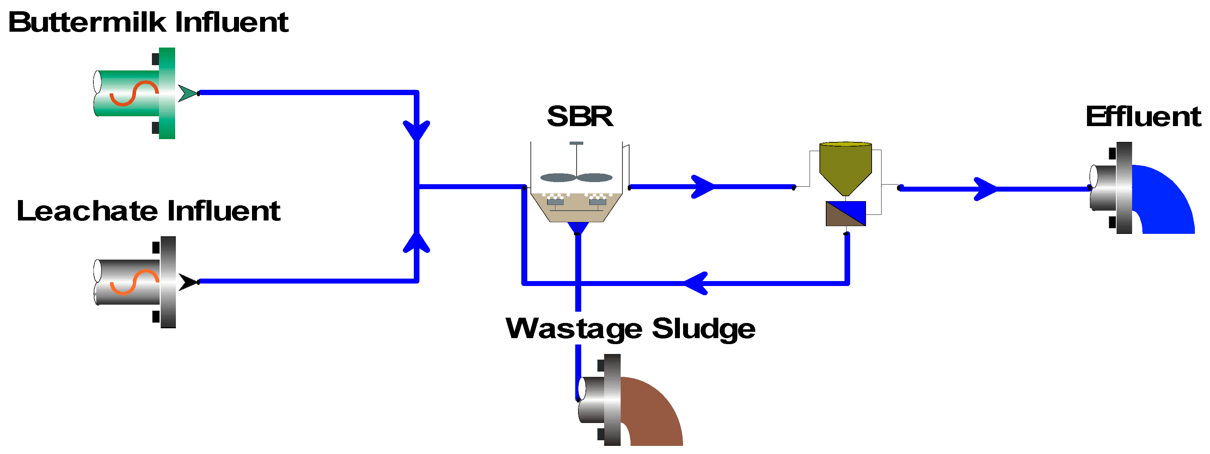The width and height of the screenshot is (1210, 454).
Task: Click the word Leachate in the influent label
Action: pos(87,211)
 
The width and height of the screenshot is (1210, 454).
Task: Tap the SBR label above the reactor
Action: pos(580,117)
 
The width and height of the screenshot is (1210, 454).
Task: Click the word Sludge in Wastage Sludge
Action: pos(703,329)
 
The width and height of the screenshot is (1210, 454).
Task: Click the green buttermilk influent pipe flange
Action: pos(167,93)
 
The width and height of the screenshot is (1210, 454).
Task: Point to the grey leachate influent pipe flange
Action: pos(168,282)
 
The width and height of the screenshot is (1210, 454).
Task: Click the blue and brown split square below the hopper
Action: pos(846,214)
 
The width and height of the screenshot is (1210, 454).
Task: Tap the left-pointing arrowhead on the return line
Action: pos(696,283)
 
